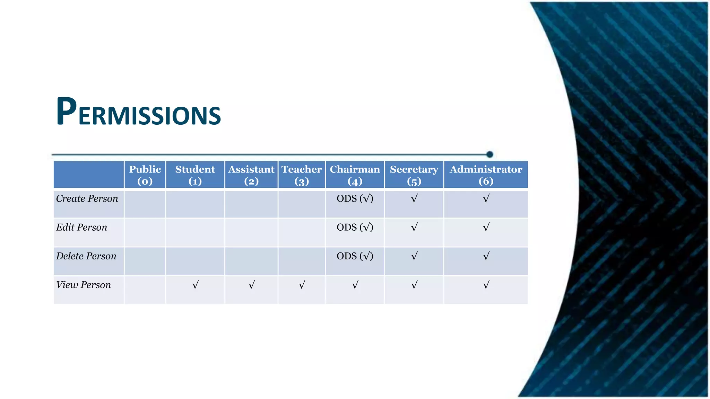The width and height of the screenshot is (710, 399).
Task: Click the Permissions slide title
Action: (138, 112)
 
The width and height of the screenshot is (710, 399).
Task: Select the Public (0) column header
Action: (145, 175)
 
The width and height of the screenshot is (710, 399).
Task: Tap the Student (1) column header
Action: (195, 175)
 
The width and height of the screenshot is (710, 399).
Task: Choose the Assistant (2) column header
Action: (251, 175)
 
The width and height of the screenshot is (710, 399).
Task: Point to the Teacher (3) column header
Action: (302, 175)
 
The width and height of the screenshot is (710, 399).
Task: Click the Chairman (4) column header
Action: (355, 175)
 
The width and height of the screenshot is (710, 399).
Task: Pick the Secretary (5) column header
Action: (414, 175)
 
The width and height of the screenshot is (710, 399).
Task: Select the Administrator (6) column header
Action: (486, 175)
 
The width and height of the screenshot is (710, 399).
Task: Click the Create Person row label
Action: (87, 198)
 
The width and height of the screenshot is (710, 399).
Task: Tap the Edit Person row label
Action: (82, 227)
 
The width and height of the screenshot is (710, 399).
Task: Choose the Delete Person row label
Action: (86, 256)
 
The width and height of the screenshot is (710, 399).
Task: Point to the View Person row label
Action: (84, 285)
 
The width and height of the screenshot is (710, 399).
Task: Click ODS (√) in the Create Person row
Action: (355, 198)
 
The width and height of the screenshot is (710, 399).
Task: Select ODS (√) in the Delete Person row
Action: (355, 256)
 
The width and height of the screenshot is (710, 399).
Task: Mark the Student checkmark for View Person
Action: (195, 285)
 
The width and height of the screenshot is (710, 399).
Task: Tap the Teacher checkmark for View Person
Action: (302, 285)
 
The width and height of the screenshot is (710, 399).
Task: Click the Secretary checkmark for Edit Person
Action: (414, 227)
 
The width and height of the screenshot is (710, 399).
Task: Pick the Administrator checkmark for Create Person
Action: (486, 198)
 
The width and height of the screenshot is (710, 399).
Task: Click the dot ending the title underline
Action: (490, 154)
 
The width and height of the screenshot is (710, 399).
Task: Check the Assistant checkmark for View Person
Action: (251, 285)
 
